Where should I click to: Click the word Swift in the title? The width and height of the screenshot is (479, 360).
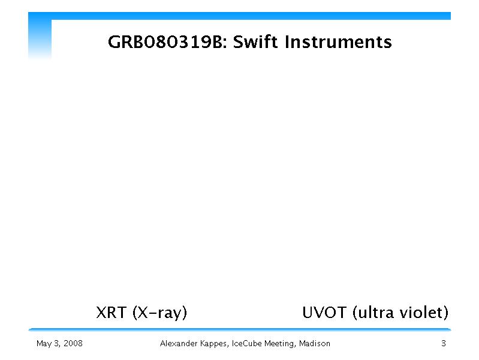click(x=256, y=41)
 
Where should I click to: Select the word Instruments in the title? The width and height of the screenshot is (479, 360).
click(x=338, y=41)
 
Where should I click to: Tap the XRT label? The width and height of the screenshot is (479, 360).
click(x=111, y=312)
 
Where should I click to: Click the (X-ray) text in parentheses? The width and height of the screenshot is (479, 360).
click(x=160, y=313)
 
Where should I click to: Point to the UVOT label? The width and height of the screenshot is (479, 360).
click(x=324, y=312)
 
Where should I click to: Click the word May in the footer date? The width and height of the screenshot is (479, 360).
click(x=44, y=344)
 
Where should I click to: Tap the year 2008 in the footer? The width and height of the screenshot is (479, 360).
click(x=73, y=343)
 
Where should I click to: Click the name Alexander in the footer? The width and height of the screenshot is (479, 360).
click(x=179, y=343)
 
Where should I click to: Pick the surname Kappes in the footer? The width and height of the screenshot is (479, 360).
click(x=214, y=344)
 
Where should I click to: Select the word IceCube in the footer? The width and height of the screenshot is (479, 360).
click(x=246, y=343)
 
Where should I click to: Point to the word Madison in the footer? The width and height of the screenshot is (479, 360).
click(x=315, y=343)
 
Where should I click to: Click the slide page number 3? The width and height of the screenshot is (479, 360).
click(x=444, y=343)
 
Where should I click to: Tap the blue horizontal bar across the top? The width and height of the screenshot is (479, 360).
click(x=240, y=16)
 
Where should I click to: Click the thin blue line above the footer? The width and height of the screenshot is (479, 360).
click(x=240, y=329)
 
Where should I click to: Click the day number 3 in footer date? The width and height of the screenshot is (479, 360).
click(x=56, y=343)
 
